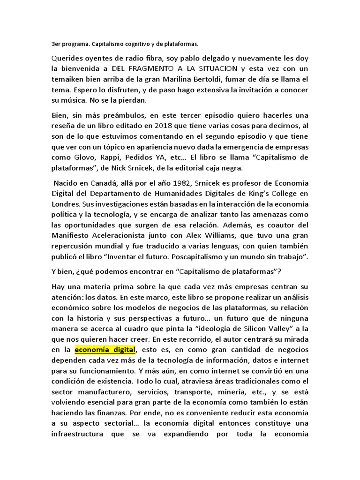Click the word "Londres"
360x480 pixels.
[65, 204]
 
